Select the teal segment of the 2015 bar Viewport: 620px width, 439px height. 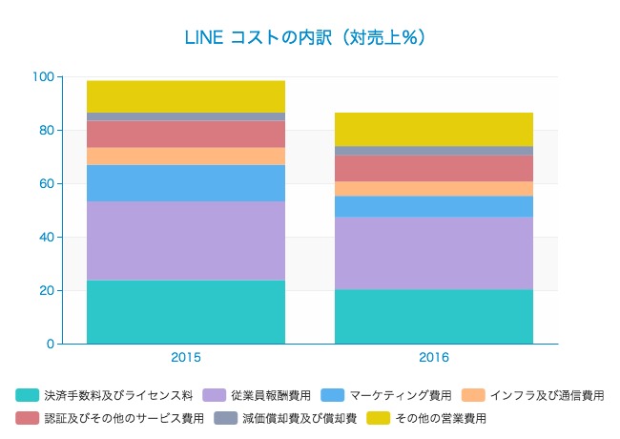click(x=186, y=311)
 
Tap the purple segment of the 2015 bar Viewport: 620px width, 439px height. click(x=186, y=240)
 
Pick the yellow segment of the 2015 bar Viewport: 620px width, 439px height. click(x=186, y=96)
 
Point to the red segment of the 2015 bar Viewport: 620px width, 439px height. click(x=186, y=134)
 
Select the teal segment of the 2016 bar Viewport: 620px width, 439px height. click(x=434, y=316)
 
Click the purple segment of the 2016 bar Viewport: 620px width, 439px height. click(x=434, y=253)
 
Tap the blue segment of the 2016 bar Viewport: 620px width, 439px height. click(x=434, y=206)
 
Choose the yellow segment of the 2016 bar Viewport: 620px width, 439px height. click(x=434, y=129)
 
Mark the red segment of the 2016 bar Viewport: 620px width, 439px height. click(x=434, y=168)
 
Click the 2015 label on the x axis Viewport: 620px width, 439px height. click(x=186, y=358)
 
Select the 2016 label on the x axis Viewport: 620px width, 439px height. click(x=434, y=358)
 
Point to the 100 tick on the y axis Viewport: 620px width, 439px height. click(x=42, y=76)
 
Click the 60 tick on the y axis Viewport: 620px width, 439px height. click(x=46, y=183)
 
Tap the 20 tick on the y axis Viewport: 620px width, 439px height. click(x=46, y=290)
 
